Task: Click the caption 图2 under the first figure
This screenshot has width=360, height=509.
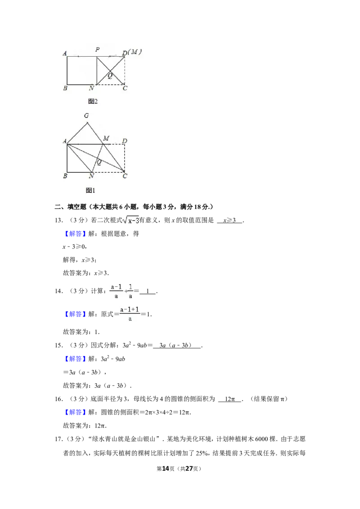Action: pyautogui.click(x=93, y=101)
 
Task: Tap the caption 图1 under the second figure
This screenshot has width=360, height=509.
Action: pyautogui.click(x=90, y=190)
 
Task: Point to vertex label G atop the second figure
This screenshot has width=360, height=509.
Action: pyautogui.click(x=86, y=116)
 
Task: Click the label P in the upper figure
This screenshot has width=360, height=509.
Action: pyautogui.click(x=98, y=49)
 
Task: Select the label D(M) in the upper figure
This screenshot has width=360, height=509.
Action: pyautogui.click(x=131, y=52)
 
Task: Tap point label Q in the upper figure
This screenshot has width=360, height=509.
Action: pyautogui.click(x=110, y=76)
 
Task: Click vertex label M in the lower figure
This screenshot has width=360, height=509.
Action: pyautogui.click(x=106, y=138)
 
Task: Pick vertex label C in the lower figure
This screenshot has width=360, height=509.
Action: pyautogui.click(x=125, y=176)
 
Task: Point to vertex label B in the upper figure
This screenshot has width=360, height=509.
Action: pyautogui.click(x=65, y=88)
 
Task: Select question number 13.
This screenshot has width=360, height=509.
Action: pyautogui.click(x=58, y=220)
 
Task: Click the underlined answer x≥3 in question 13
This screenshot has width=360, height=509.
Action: pyautogui.click(x=229, y=220)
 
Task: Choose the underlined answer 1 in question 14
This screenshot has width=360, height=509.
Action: pyautogui.click(x=148, y=291)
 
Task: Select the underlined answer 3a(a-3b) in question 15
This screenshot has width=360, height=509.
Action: pyautogui.click(x=177, y=345)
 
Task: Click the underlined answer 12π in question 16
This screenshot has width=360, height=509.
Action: pyautogui.click(x=229, y=399)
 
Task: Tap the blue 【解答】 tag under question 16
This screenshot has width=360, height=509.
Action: pyautogui.click(x=75, y=412)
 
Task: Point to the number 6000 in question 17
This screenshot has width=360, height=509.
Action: pyautogui.click(x=261, y=439)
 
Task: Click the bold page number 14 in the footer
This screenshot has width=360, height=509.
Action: pyautogui.click(x=166, y=469)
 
